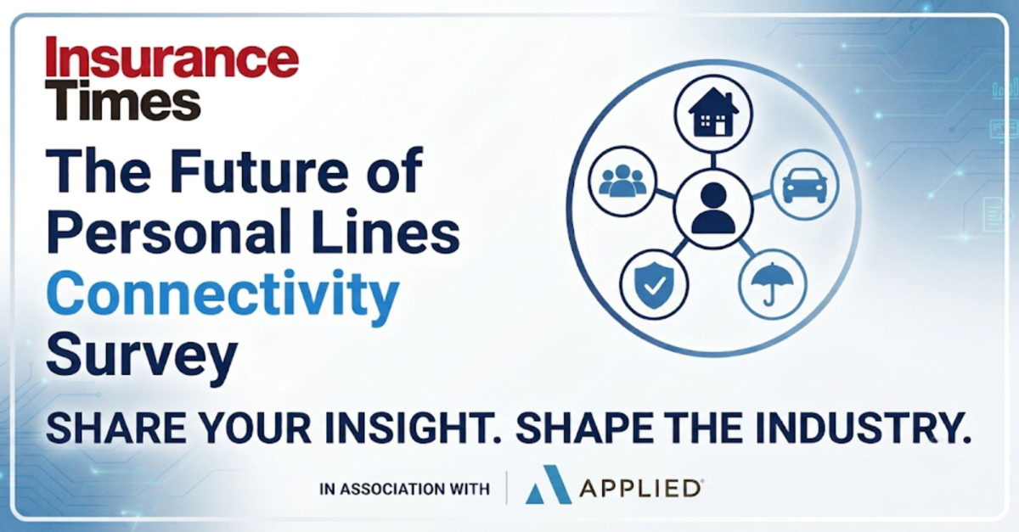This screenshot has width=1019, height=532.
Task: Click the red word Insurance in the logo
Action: click(172, 59)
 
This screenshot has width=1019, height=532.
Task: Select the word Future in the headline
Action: click(257, 171)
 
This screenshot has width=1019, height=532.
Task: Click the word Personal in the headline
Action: click(169, 231)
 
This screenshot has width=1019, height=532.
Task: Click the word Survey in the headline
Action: click(142, 358)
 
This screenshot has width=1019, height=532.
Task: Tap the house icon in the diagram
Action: click(712, 112)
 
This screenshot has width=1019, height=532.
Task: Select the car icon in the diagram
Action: click(804, 185)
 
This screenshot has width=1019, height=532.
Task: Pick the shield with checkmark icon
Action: click(654, 284)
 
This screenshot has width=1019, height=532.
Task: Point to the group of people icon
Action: click(622, 180)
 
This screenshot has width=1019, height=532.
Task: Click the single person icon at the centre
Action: click(712, 208)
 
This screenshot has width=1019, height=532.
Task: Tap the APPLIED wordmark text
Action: click(640, 489)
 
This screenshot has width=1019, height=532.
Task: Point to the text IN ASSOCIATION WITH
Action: click(404, 490)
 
